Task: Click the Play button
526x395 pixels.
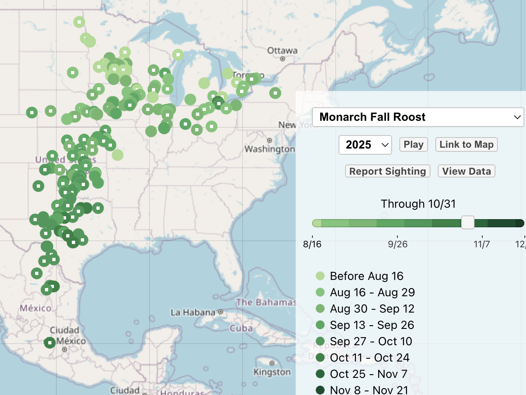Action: [413, 144]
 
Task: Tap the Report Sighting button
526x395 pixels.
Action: [388, 171]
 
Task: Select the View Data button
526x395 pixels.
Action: [466, 171]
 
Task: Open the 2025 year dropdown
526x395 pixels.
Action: [365, 145]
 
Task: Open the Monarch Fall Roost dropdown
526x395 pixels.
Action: [417, 117]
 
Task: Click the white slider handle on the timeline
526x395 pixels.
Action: [468, 223]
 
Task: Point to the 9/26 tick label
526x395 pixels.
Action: [397, 244]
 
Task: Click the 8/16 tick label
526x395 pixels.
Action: [312, 244]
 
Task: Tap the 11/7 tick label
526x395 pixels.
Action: [481, 244]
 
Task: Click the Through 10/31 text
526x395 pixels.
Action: [418, 204]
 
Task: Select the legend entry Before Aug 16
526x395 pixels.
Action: [366, 276]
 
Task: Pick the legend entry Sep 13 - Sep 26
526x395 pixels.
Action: [372, 325]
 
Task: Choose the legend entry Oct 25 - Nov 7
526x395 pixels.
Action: [368, 374]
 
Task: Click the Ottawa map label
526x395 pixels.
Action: [282, 51]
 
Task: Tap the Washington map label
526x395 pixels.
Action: [270, 149]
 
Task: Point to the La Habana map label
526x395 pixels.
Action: [193, 313]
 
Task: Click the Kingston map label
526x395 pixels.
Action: [272, 372]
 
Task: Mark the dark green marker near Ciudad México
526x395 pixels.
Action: [49, 342]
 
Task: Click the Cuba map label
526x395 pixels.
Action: [241, 328]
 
